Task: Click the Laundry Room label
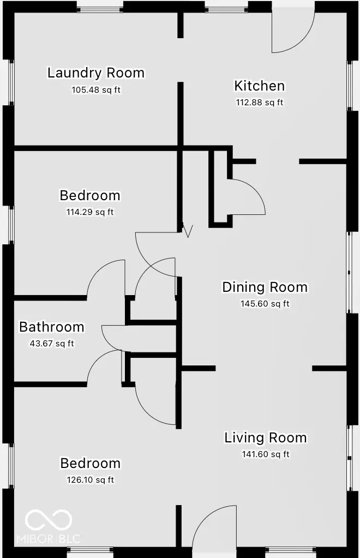coord(95,73)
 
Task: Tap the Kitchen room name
coord(259,86)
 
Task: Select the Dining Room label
coord(265,287)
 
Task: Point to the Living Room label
coord(265,437)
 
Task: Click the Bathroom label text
coord(51,327)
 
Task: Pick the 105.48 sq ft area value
coord(95,89)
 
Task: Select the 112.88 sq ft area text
coord(259,103)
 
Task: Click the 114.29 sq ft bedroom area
coord(89,212)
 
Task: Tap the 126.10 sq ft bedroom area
coord(90,480)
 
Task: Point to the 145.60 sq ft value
coord(265,304)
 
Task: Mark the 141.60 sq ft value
coord(265,454)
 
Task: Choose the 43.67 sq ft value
coord(51,344)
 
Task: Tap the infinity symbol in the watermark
coord(49,519)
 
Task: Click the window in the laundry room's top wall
coord(99,8)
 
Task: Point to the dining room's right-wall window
coord(350,272)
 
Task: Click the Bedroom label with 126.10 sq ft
coord(90,463)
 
